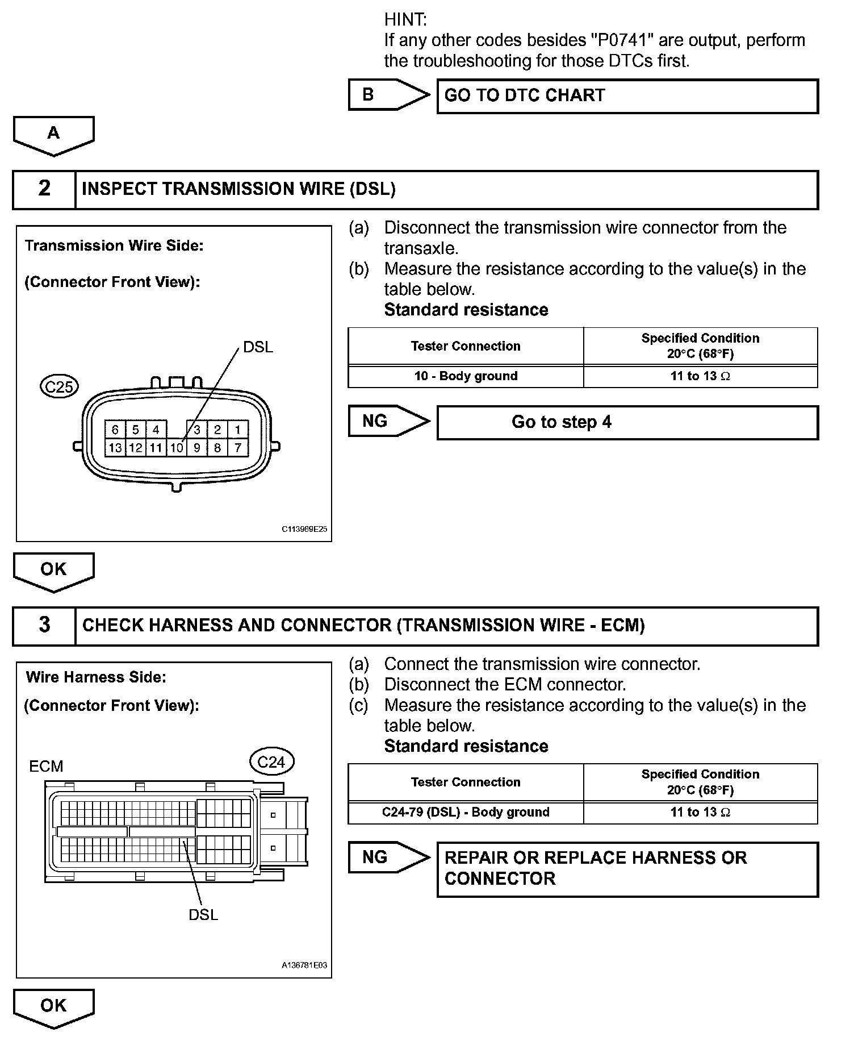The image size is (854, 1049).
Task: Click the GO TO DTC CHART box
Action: point(627,96)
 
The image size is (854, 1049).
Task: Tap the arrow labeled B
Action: point(388,94)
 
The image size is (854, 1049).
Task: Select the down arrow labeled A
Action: point(53,135)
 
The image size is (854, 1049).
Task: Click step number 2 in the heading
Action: point(44,189)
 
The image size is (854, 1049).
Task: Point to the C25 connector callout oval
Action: point(59,386)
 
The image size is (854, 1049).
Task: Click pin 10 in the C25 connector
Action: point(177,448)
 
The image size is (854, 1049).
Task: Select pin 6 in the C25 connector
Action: point(115,430)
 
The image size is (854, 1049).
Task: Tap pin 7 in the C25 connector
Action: point(237,448)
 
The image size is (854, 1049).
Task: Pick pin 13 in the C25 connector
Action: point(115,448)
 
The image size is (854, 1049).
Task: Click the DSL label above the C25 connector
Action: point(258,347)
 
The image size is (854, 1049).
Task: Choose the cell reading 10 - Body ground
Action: point(466,376)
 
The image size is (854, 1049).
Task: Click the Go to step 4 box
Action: point(627,422)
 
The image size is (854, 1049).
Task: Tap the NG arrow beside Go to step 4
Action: point(388,421)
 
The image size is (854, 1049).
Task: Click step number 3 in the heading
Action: point(44,626)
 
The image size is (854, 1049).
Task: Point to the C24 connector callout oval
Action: point(271,762)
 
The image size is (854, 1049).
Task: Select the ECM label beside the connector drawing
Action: point(46,767)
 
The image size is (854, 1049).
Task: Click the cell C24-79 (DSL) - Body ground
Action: point(466,813)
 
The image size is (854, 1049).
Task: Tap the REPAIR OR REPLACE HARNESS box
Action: point(627,869)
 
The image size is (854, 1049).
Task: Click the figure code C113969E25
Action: point(304,529)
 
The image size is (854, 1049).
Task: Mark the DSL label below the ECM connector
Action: point(203,915)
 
